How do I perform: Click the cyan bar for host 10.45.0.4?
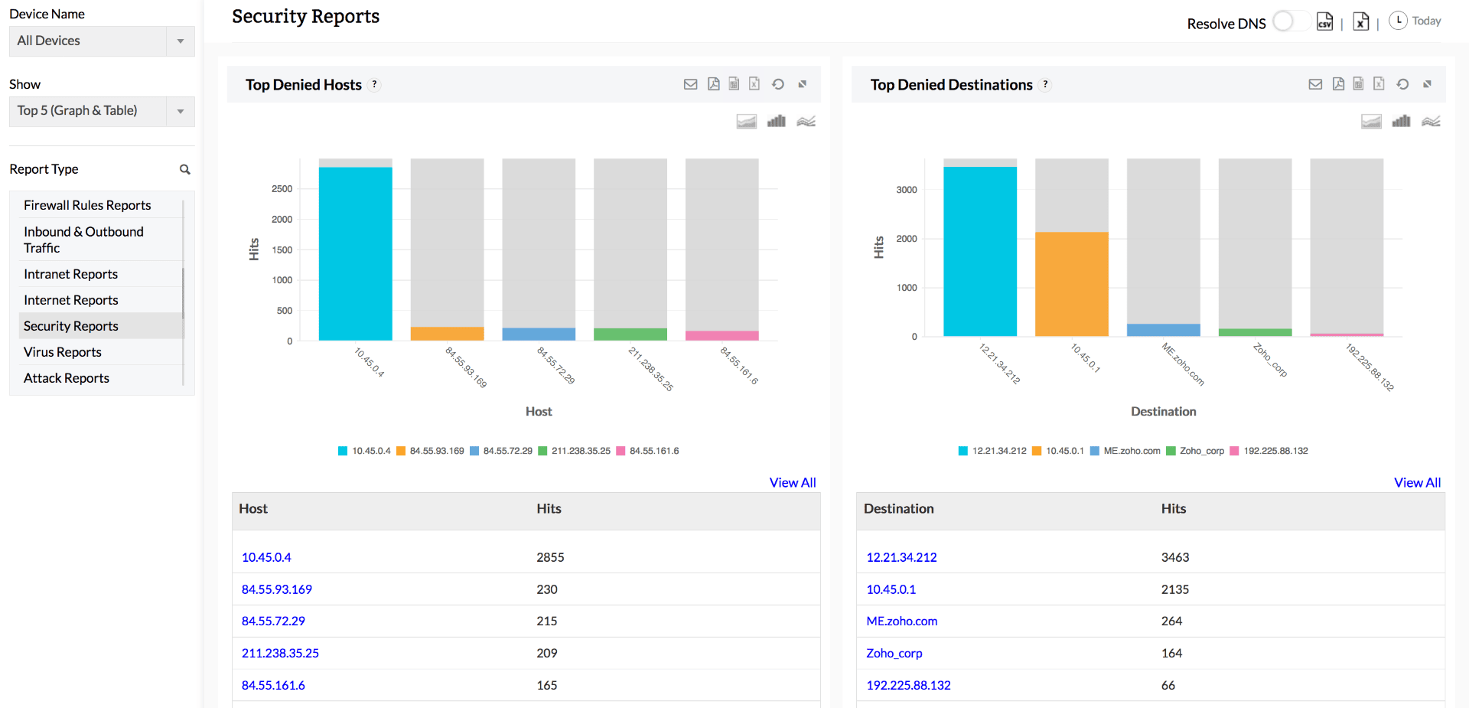click(x=355, y=253)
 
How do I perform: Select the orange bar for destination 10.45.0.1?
click(x=1071, y=284)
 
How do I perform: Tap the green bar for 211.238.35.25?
click(x=630, y=334)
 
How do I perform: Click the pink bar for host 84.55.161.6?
click(x=721, y=336)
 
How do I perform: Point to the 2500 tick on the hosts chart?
click(x=282, y=189)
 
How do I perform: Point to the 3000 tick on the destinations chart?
click(x=906, y=190)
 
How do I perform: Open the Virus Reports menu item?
click(x=63, y=352)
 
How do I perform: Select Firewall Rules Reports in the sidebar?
click(x=87, y=205)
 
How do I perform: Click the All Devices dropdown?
click(x=101, y=41)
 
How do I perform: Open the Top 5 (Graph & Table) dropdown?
click(x=101, y=111)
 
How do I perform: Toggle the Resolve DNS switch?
click(x=1288, y=22)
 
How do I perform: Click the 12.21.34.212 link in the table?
click(x=901, y=557)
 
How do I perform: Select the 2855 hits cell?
click(x=550, y=557)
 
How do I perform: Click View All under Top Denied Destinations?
click(x=1417, y=482)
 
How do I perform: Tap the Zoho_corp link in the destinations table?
click(x=894, y=653)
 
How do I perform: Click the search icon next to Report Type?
click(x=184, y=169)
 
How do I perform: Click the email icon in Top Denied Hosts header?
click(x=690, y=84)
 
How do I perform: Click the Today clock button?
click(x=1415, y=21)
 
